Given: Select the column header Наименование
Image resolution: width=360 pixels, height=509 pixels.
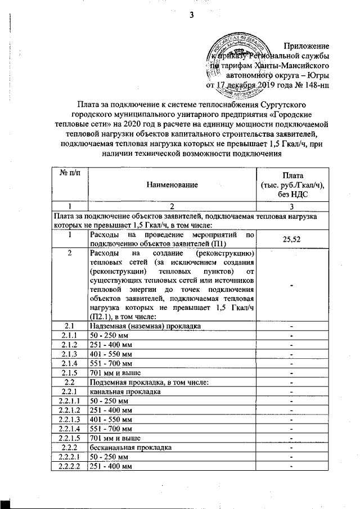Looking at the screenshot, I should (x=173, y=184).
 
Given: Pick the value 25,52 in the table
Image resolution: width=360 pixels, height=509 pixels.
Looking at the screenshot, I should (x=291, y=238).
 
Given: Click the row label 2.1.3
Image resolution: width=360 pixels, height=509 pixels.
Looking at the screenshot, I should (x=70, y=354).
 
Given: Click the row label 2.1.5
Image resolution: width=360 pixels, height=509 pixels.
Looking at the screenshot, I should (x=70, y=372).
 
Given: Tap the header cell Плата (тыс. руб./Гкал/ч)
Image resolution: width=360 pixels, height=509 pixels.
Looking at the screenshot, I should (x=291, y=184).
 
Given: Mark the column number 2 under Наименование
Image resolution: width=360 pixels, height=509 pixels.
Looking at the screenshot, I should (x=173, y=206).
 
